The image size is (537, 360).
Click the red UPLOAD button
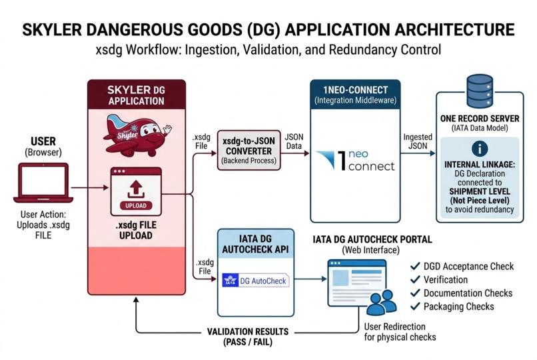[x=136, y=205]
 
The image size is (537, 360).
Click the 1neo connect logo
[x=355, y=160]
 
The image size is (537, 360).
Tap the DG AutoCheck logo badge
[x=255, y=281]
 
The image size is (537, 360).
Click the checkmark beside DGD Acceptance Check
[x=416, y=267]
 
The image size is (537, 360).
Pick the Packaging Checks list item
[x=458, y=306]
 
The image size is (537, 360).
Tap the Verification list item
[x=446, y=280]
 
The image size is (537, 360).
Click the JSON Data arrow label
[x=293, y=141]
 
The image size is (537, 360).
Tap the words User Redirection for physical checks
[x=400, y=332]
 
